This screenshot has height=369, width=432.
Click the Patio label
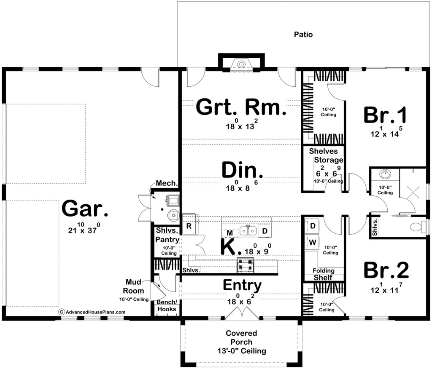coord(303,35)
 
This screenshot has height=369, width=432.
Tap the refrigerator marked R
coord(189,226)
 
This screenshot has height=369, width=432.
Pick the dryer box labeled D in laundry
coord(313,226)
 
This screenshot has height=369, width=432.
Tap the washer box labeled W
coord(313,242)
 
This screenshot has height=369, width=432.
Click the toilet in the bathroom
coord(418,227)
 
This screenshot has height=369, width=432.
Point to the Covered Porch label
coord(241,342)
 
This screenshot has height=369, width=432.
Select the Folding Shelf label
coord(323,274)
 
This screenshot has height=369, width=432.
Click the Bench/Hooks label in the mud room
coord(166,306)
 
